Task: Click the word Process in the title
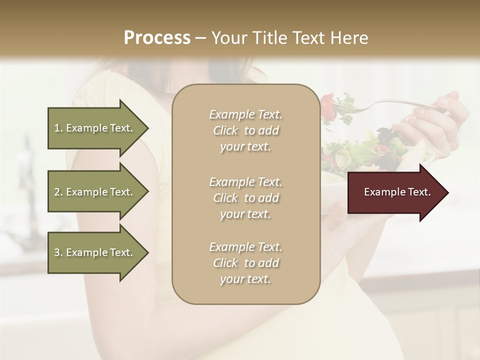pyautogui.click(x=157, y=38)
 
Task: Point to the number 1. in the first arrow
pyautogui.click(x=58, y=128)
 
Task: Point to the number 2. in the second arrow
pyautogui.click(x=58, y=192)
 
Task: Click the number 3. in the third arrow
pyautogui.click(x=58, y=252)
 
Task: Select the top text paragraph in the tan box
pyautogui.click(x=245, y=130)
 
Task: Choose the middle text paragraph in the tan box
pyautogui.click(x=245, y=198)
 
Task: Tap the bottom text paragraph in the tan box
pyautogui.click(x=245, y=263)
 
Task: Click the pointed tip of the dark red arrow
pyautogui.click(x=447, y=192)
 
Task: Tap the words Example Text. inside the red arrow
pyautogui.click(x=397, y=192)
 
